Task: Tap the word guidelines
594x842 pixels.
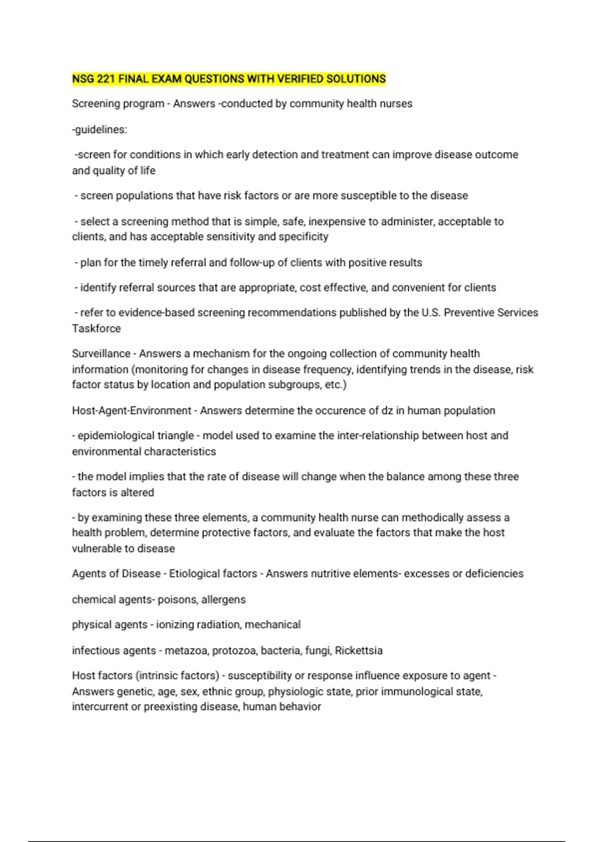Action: (x=100, y=130)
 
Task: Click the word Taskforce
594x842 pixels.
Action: (x=96, y=328)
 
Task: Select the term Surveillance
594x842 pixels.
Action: (x=101, y=354)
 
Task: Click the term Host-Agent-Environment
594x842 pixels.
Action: (x=132, y=411)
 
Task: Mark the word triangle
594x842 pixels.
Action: (x=175, y=436)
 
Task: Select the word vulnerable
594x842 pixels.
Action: (x=97, y=549)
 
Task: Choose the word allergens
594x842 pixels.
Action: (x=223, y=600)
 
